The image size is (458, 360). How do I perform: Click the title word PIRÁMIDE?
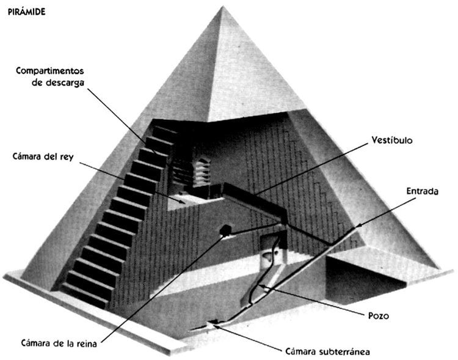(x=27, y=12)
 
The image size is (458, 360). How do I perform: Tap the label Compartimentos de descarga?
(x=50, y=76)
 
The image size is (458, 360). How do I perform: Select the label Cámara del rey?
(x=43, y=156)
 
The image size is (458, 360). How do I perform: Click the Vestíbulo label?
(x=392, y=140)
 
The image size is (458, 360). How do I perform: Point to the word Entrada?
(x=423, y=191)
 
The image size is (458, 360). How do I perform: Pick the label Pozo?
(x=379, y=316)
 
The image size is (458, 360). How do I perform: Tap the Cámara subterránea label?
(x=327, y=351)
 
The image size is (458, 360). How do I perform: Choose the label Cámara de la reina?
(x=59, y=343)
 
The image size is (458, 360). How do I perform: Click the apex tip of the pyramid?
(x=222, y=7)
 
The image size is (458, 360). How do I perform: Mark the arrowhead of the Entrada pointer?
(x=359, y=225)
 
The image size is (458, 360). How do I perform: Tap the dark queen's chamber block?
(x=225, y=230)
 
